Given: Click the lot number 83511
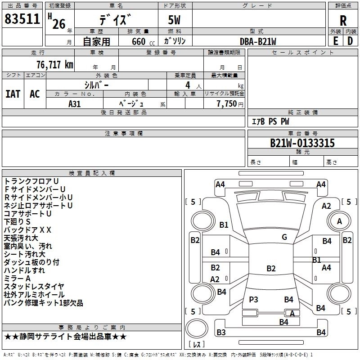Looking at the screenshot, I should (x=22, y=19).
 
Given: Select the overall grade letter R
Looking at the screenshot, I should (x=343, y=21).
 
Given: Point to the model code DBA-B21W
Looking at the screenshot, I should (x=258, y=41).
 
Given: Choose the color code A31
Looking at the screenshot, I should (x=74, y=103).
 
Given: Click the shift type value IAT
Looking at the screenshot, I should (x=13, y=94).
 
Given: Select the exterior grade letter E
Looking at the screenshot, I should (x=335, y=41).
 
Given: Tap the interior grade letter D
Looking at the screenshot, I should (x=350, y=41).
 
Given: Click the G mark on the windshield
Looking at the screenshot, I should (x=284, y=237).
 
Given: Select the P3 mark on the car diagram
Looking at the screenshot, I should (x=253, y=299).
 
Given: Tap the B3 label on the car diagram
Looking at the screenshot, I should (x=221, y=333).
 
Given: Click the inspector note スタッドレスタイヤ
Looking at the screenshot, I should (x=34, y=286).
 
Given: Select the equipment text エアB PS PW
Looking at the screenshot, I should (x=270, y=121).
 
